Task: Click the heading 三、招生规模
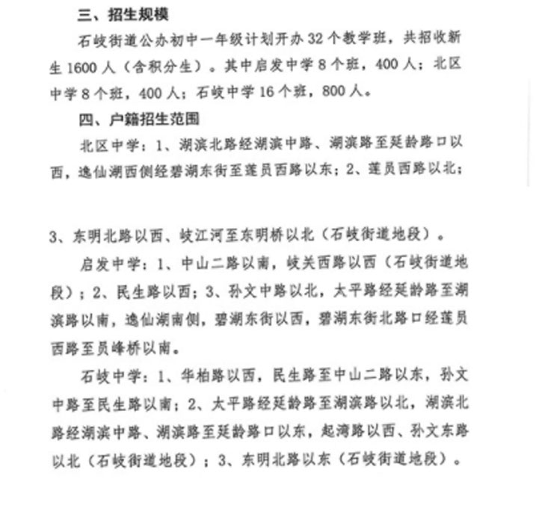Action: coord(123,16)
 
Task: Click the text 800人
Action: coord(345,93)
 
